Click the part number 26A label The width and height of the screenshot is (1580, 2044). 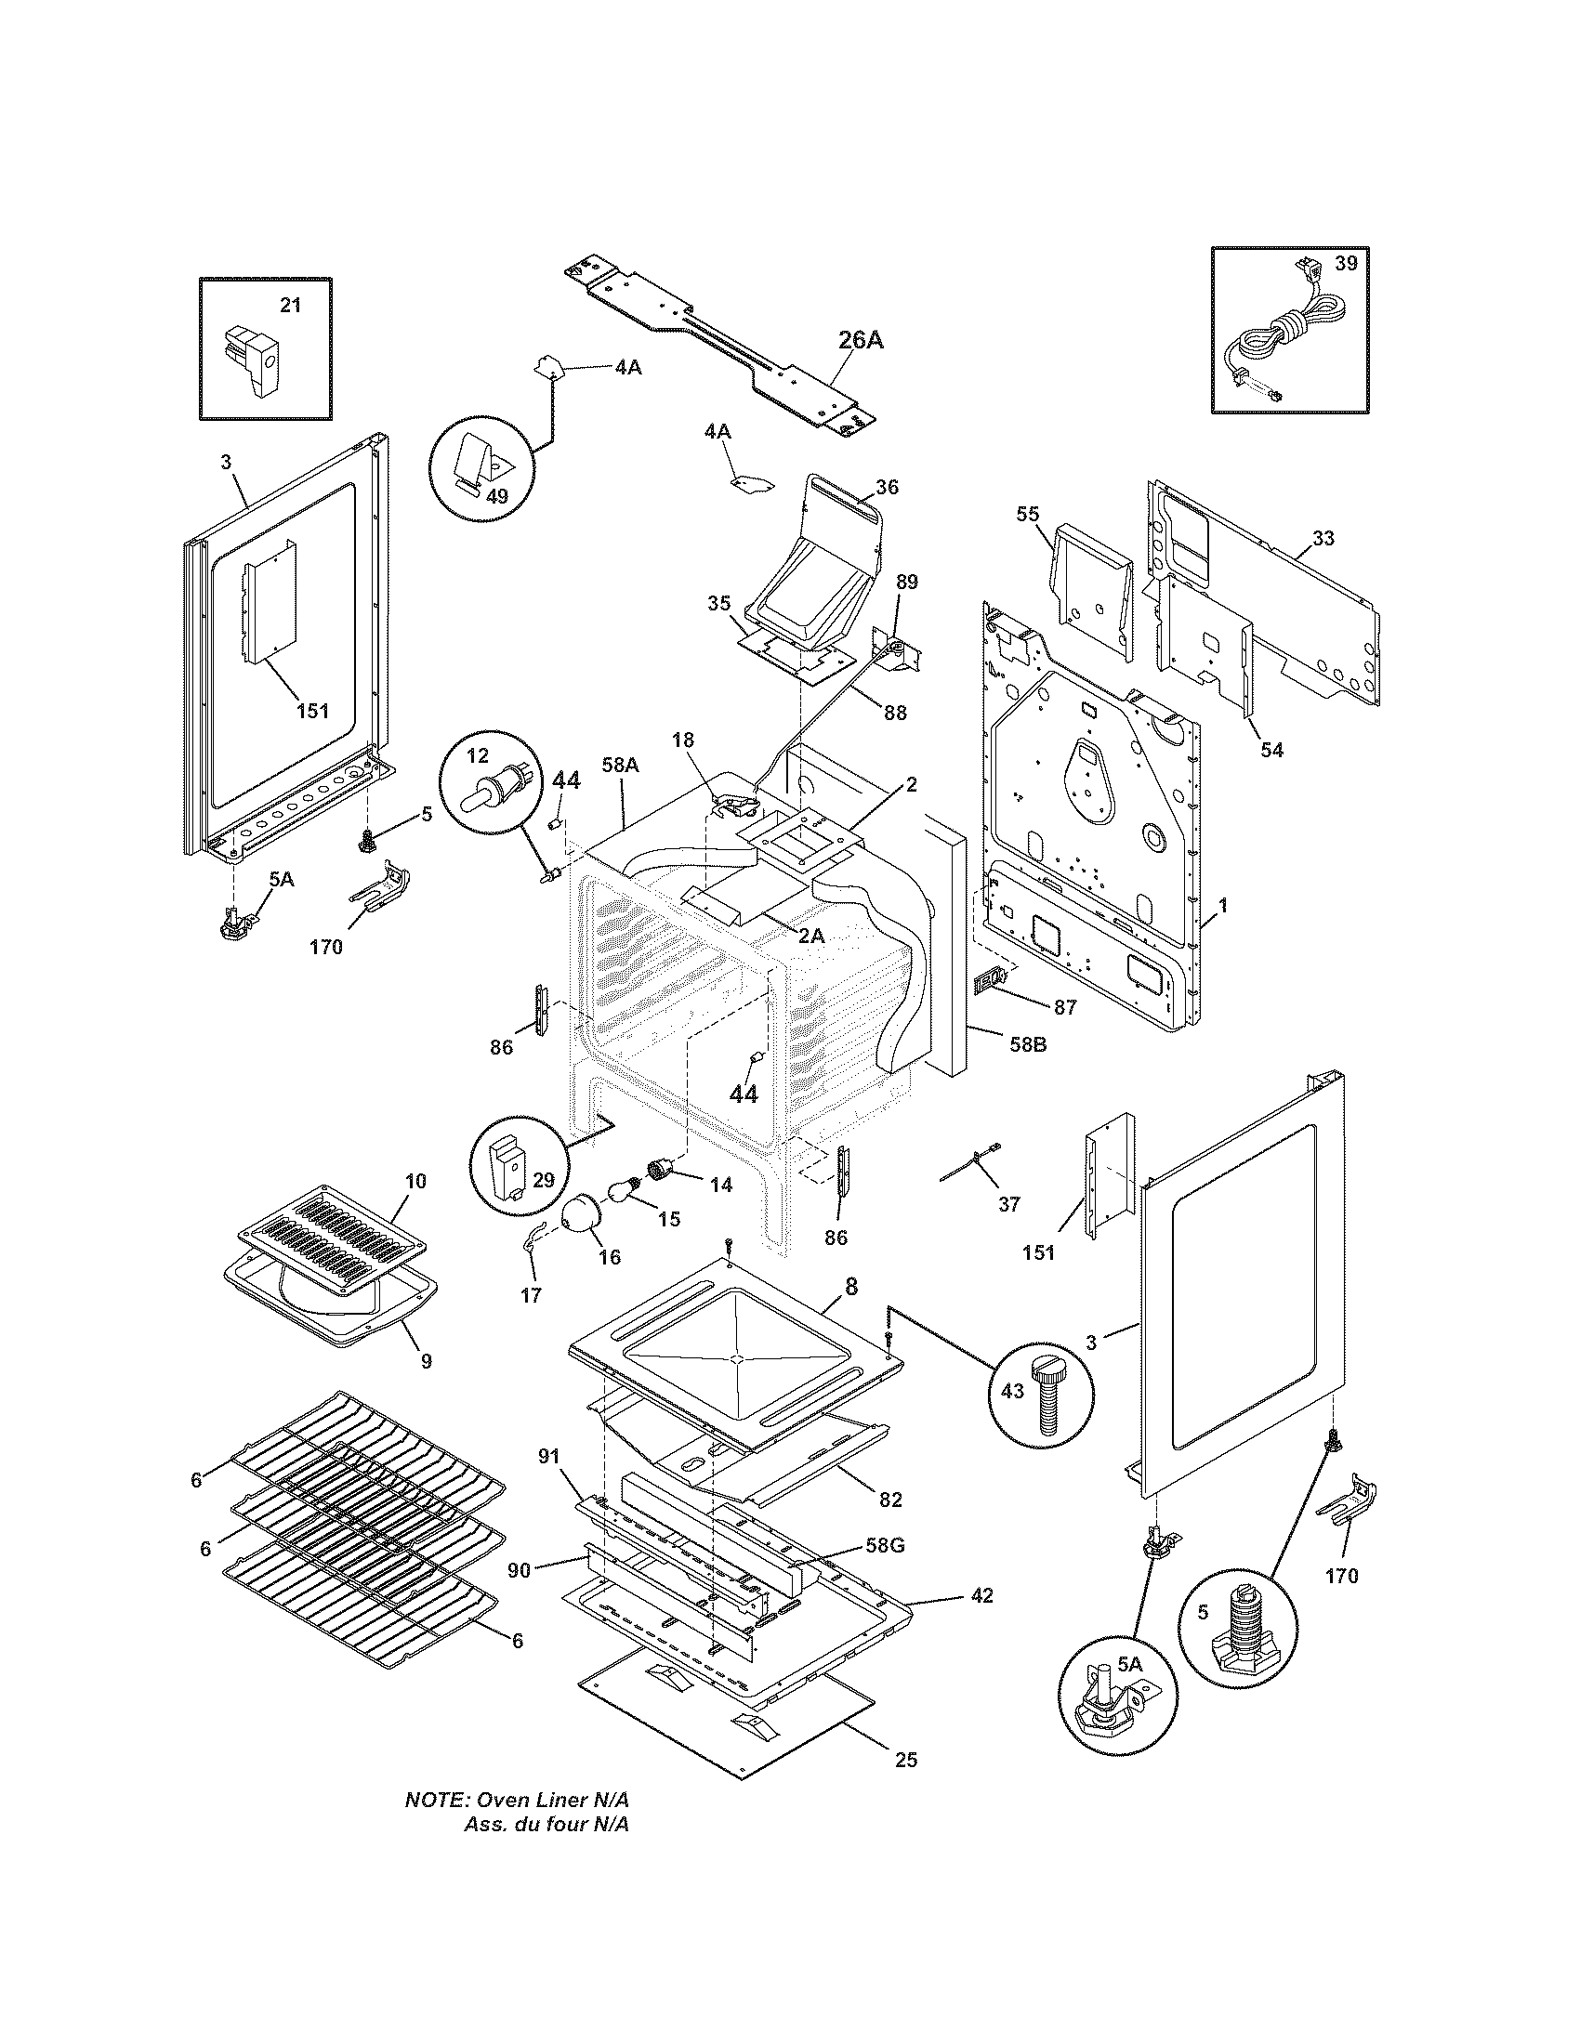(x=860, y=339)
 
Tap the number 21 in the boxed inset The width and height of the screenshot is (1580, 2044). (x=291, y=305)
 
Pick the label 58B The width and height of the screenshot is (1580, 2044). (x=1026, y=1043)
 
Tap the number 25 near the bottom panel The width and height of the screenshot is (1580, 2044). (x=905, y=1761)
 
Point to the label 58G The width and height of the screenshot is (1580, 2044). (x=886, y=1545)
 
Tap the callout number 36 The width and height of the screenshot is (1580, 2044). (x=887, y=487)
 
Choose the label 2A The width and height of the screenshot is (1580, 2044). (x=811, y=935)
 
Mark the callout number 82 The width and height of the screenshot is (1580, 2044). (x=890, y=1500)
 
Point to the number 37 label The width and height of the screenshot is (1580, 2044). (x=1008, y=1204)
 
